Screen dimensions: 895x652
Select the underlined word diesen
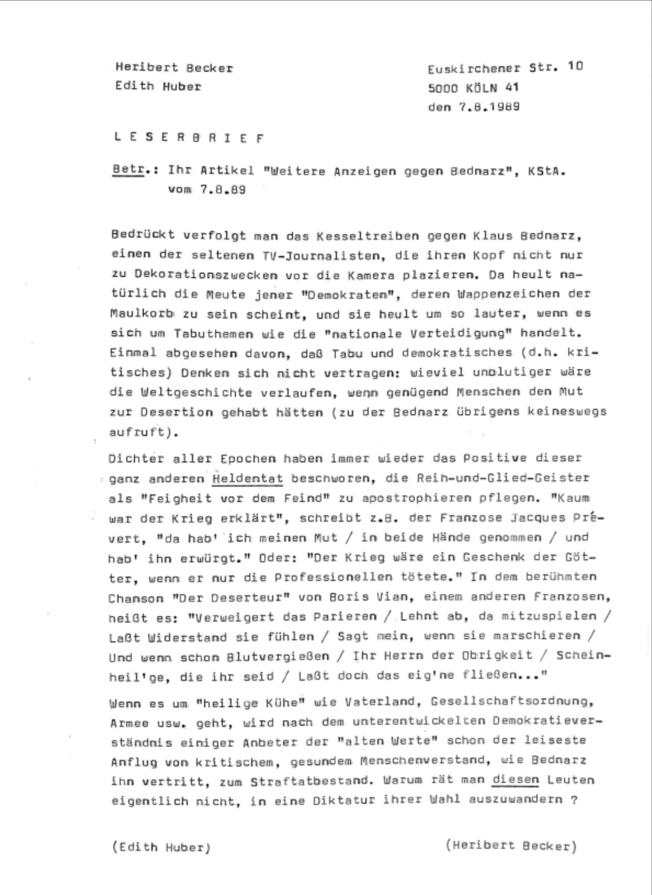[x=516, y=781]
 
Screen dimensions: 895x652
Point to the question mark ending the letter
[x=572, y=800]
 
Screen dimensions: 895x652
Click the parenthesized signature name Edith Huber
[x=161, y=847]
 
